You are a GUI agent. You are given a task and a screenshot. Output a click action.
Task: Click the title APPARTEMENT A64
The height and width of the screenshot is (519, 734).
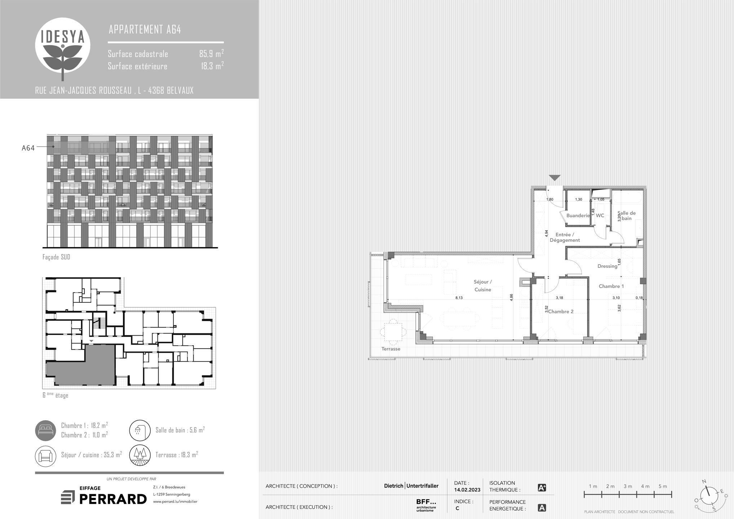pos(145,29)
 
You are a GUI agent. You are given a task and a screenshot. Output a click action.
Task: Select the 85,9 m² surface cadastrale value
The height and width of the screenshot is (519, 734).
pos(212,53)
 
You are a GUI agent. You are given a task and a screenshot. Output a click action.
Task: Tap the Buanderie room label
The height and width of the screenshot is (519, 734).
pos(578,216)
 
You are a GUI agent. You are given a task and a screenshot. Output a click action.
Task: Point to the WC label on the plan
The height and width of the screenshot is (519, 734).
pos(600,216)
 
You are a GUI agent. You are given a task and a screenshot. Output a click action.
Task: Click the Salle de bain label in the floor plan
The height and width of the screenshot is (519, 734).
pos(627,216)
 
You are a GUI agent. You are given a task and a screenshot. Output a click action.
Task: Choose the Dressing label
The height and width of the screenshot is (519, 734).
pos(607,266)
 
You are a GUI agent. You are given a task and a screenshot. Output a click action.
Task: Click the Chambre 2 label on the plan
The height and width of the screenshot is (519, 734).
pos(561,312)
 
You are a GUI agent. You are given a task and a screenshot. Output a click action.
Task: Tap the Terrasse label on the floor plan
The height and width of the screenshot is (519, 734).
pos(391,349)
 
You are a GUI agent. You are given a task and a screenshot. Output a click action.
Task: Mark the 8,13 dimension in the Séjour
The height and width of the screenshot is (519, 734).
pos(459,298)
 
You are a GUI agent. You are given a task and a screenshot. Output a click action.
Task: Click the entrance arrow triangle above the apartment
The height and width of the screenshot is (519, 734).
pos(554,178)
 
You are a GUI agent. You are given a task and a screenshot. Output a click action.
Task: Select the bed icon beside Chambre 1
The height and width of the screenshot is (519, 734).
pos(46,430)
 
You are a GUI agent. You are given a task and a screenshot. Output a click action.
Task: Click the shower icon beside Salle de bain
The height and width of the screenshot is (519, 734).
pos(140,430)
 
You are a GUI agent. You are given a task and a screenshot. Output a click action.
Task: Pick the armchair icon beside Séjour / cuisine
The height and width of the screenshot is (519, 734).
pos(46,456)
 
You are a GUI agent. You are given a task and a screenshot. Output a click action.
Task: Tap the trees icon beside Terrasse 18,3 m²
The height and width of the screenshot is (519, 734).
pos(140,456)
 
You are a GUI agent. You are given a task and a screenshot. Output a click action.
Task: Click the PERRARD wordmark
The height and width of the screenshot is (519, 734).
pos(113,499)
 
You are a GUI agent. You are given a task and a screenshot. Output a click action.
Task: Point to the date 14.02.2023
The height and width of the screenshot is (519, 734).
pos(467,490)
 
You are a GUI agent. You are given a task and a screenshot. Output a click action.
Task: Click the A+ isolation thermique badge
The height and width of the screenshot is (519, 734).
pos(542,488)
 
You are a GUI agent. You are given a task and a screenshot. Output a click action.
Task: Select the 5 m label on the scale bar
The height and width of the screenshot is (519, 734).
pos(663,486)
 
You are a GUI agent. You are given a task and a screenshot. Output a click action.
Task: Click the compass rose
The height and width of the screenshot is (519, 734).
pos(709,496)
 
